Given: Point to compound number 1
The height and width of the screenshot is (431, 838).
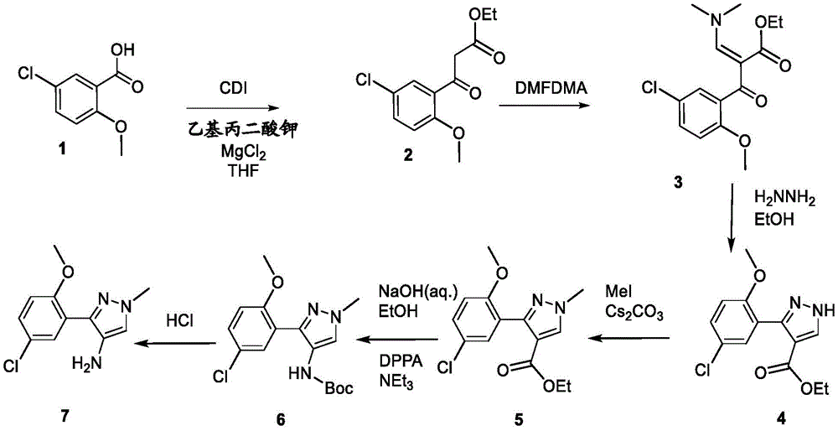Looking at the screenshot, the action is click(63, 151).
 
